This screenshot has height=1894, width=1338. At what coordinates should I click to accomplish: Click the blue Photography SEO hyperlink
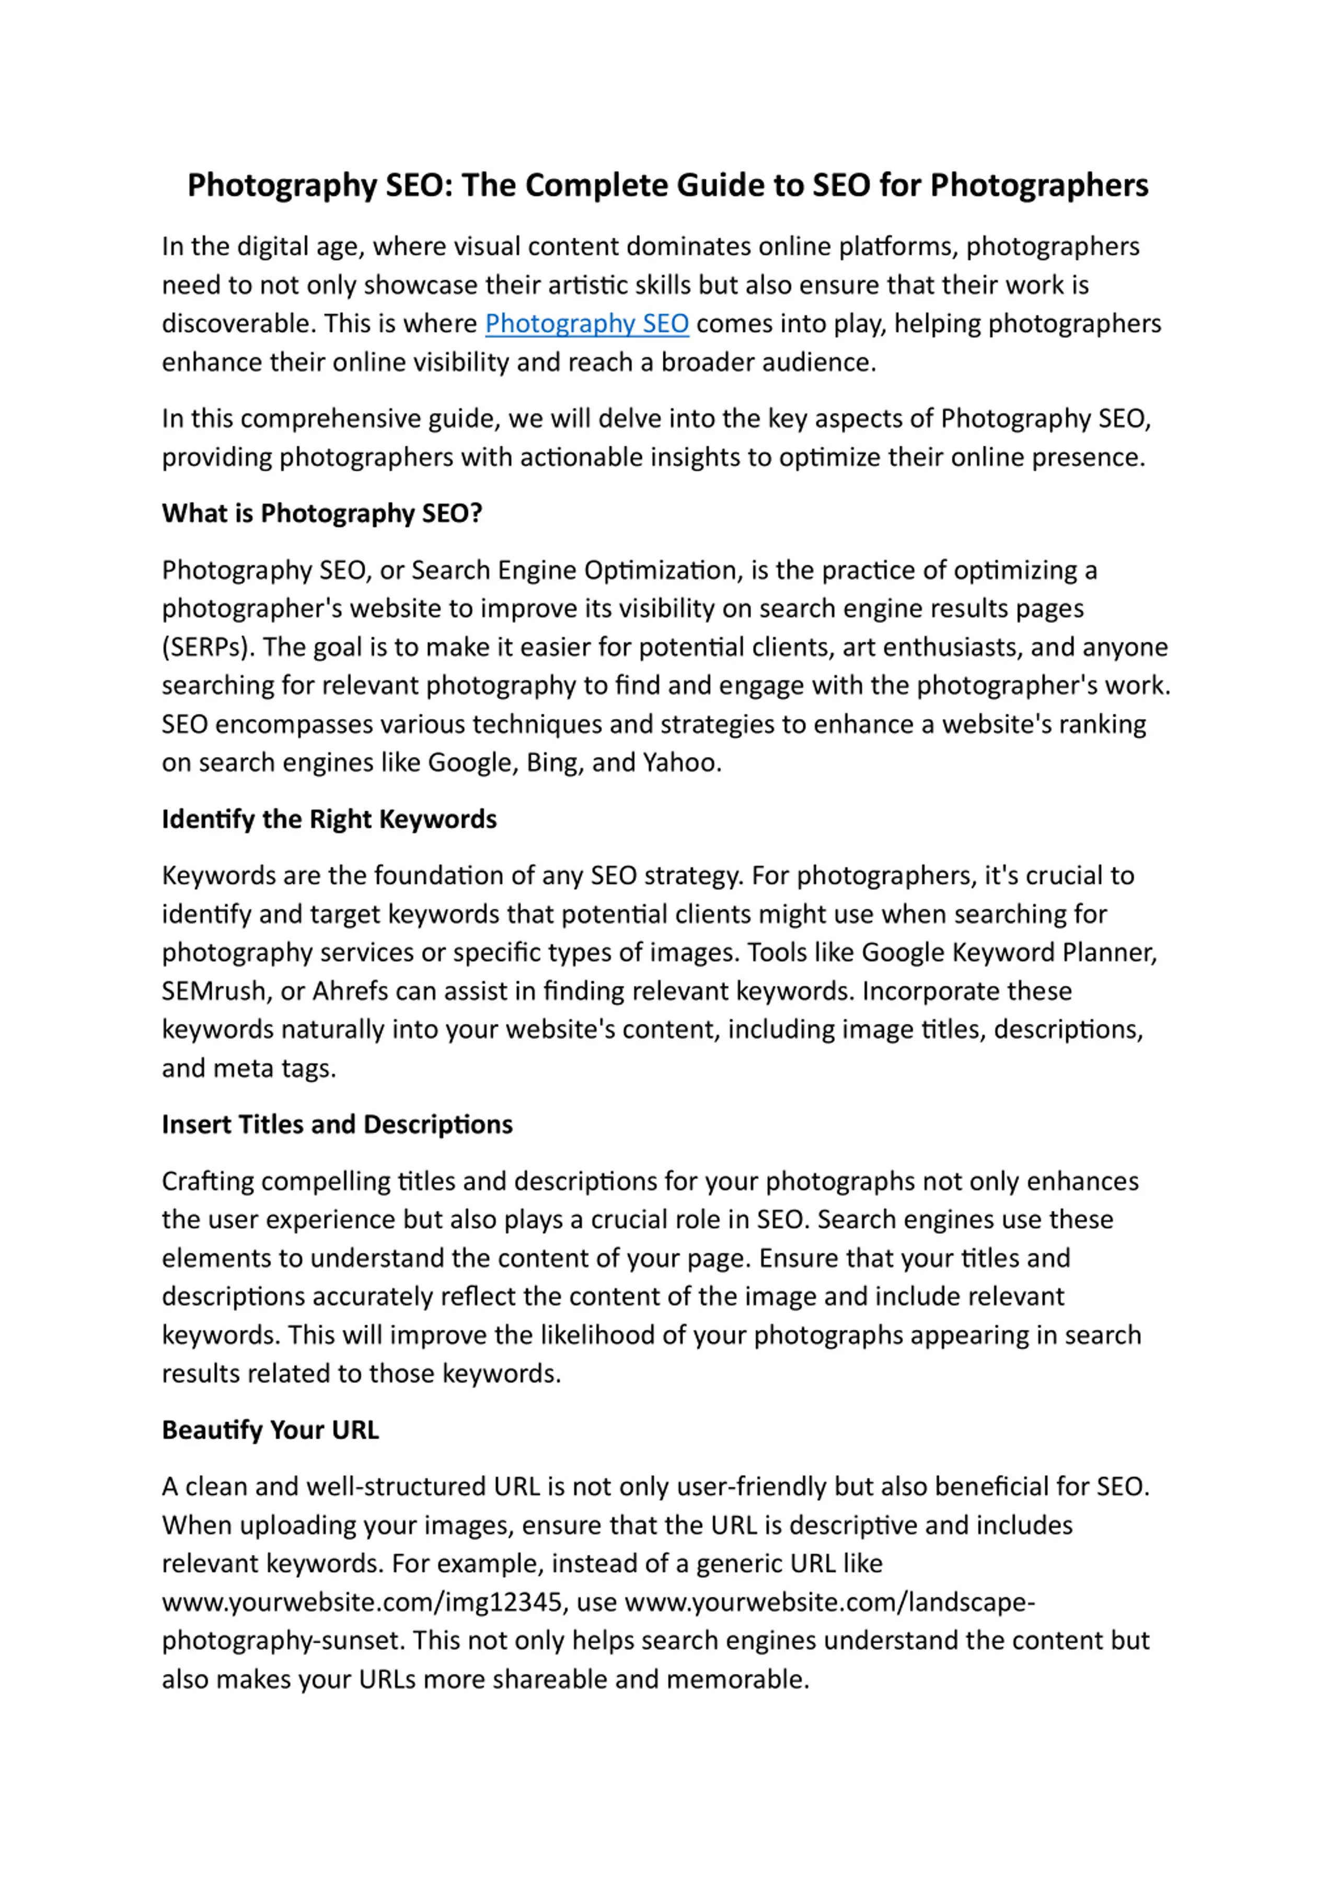click(x=586, y=324)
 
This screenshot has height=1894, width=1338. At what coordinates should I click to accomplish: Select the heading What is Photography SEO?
click(x=322, y=513)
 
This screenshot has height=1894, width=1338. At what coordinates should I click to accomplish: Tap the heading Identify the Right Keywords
click(x=329, y=819)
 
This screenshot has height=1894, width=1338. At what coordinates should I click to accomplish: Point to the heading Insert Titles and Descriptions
click(x=337, y=1124)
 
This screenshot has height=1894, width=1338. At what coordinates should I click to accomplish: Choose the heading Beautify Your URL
click(x=270, y=1429)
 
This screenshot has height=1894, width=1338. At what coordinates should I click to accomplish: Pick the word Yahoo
click(x=682, y=762)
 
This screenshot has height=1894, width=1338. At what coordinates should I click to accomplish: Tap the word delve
click(x=629, y=418)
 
